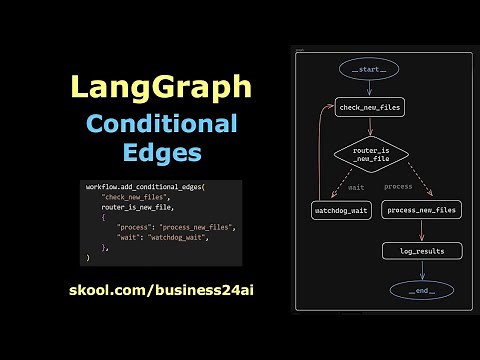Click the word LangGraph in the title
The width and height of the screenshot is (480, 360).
160,88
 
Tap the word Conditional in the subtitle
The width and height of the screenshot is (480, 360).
160,125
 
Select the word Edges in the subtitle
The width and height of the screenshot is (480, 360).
160,153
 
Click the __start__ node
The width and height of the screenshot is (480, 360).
369,69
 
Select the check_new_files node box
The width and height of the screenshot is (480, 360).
370,107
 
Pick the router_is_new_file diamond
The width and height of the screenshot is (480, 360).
370,155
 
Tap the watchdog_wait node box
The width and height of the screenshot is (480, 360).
341,210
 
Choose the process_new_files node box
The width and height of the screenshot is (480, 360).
420,210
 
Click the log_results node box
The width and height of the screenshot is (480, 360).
420,250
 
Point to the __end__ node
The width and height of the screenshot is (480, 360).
420,290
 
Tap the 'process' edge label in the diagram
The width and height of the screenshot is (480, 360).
398,186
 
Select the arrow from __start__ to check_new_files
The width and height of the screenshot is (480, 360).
369,88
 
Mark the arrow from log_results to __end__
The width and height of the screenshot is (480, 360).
420,270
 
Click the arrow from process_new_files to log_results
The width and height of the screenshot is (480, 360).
420,231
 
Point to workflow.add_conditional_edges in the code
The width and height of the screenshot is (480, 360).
144,187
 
